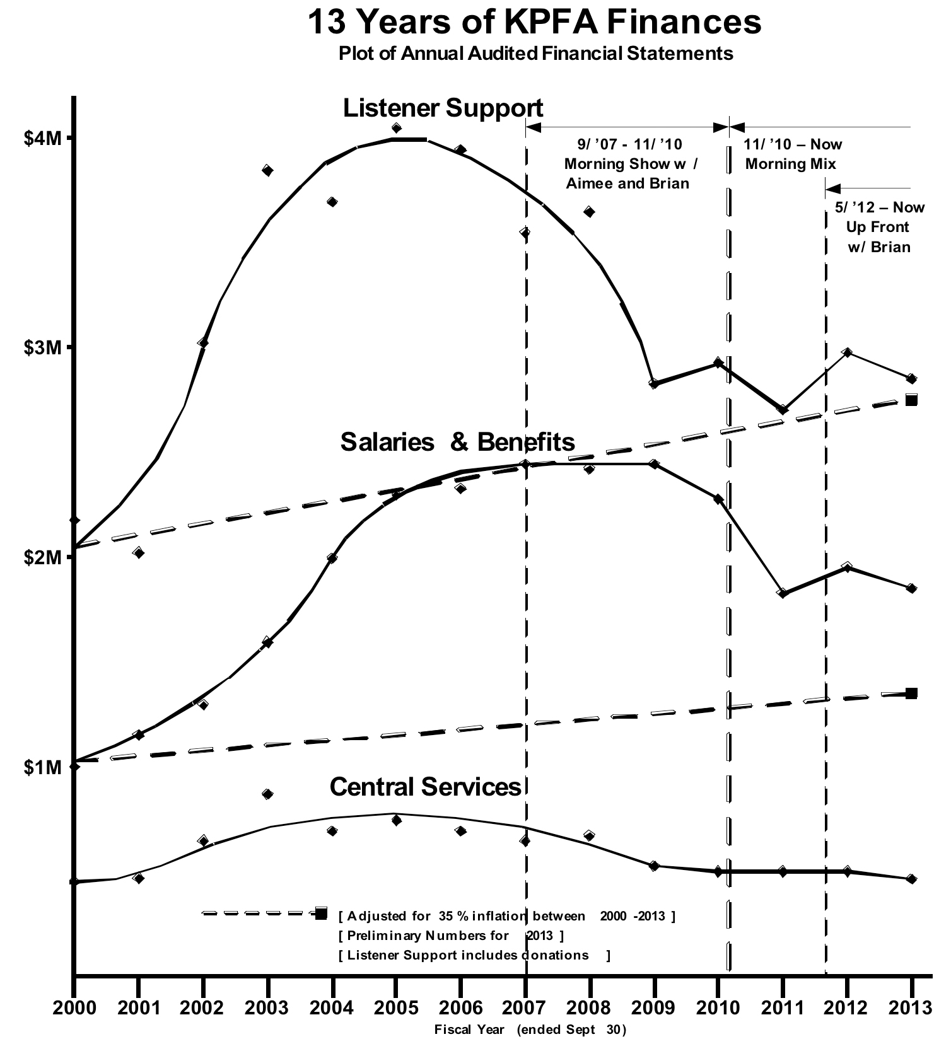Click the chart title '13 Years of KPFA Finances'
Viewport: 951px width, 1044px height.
(534, 22)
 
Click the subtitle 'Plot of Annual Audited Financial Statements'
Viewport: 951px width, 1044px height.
(535, 54)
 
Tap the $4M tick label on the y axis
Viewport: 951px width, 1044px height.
(44, 138)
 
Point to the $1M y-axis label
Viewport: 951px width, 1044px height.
(44, 767)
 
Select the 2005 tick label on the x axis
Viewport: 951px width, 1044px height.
(395, 1007)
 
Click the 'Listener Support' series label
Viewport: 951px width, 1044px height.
(443, 108)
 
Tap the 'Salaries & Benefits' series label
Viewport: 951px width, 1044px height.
(457, 442)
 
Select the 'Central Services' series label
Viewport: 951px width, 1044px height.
(426, 787)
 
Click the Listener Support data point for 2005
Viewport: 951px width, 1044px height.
(396, 128)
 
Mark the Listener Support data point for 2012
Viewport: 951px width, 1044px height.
(847, 352)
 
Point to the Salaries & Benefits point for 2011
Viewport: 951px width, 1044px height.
(783, 593)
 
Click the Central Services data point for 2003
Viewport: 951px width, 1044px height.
(267, 794)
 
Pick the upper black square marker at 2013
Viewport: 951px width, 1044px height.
(911, 400)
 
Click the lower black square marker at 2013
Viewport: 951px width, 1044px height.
(911, 693)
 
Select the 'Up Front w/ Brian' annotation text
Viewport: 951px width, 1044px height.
(878, 236)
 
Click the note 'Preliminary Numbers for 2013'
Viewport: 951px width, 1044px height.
(450, 935)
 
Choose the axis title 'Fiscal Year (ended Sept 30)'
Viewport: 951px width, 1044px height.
(530, 1030)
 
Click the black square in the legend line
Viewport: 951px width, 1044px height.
(321, 913)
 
